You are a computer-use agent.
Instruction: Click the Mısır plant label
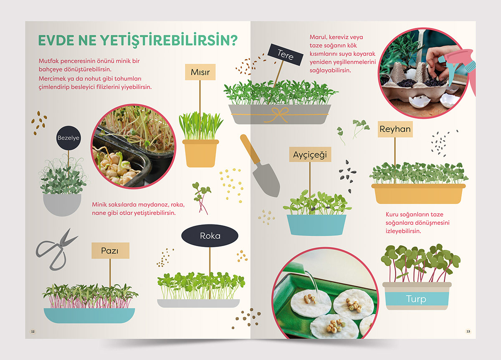(x=200, y=72)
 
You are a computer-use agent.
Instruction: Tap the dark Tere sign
(x=286, y=55)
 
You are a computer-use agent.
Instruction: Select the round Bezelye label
(x=68, y=138)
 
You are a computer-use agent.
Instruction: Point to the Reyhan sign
(x=395, y=129)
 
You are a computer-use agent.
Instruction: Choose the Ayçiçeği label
(x=310, y=154)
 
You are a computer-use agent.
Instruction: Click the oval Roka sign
(x=210, y=236)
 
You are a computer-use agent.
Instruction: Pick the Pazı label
(x=110, y=251)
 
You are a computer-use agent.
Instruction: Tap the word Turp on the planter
(x=416, y=299)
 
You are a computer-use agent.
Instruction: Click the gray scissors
(x=56, y=250)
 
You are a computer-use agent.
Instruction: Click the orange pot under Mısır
(x=200, y=154)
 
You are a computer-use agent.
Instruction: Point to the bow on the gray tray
(x=279, y=114)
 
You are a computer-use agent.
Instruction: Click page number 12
(x=33, y=331)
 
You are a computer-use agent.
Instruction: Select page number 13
(x=468, y=331)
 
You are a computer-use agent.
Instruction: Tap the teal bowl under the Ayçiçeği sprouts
(x=316, y=225)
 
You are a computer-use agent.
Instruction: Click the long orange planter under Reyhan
(x=418, y=194)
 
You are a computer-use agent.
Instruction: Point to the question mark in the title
(x=233, y=40)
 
